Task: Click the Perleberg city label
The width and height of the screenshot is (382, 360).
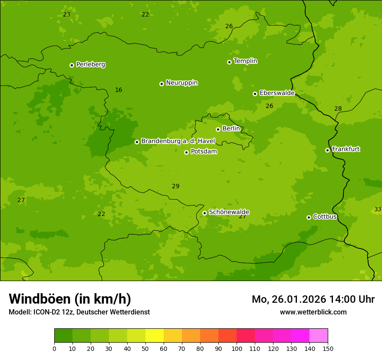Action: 90,65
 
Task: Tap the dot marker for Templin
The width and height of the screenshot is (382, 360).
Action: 229,62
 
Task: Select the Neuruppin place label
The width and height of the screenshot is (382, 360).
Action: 181,83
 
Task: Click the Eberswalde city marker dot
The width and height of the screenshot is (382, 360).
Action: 255,94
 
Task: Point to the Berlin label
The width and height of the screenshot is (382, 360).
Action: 231,129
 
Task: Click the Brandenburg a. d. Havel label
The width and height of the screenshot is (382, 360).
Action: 178,141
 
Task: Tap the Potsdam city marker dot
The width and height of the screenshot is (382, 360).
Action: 186,152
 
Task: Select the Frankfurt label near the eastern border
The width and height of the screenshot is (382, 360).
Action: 346,149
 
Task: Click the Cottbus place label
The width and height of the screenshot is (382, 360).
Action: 325,216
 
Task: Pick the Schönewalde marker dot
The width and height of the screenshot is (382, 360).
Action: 204,213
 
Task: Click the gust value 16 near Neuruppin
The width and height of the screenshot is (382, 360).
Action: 119,90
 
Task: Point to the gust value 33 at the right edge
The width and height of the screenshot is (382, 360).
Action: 378,209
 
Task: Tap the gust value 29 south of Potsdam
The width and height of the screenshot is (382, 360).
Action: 175,187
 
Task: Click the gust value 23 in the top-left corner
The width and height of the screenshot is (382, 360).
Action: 66,15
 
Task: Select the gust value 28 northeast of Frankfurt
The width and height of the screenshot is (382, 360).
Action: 338,109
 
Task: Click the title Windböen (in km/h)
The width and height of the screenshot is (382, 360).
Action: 69,299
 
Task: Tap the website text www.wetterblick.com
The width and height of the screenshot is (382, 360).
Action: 313,312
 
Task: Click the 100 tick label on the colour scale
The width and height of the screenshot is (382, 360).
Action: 237,348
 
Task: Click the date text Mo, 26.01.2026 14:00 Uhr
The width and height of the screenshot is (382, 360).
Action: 313,299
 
